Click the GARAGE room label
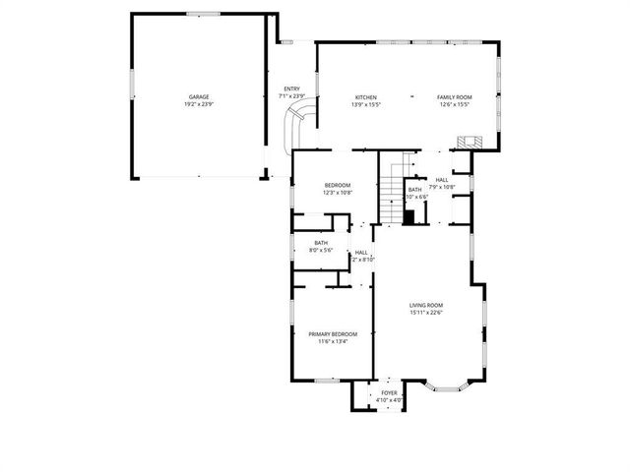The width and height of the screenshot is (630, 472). click(198, 97)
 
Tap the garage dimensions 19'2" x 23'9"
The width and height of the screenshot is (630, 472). click(198, 104)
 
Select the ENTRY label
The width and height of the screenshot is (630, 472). click(291, 88)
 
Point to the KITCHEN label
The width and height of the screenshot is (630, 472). click(366, 97)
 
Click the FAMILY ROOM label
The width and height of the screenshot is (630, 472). click(455, 97)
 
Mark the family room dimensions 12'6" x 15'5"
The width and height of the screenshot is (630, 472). click(455, 104)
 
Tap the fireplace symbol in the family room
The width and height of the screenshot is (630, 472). click(468, 143)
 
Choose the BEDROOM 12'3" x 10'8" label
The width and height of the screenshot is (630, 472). click(337, 186)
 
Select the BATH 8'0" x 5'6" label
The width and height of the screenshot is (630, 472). click(321, 243)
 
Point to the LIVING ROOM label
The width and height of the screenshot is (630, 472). click(427, 306)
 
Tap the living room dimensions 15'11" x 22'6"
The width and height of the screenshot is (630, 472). click(427, 314)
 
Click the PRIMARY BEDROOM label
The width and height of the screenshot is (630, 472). click(333, 334)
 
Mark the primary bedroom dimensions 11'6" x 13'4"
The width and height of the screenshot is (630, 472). click(333, 342)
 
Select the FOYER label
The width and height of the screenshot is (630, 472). click(390, 393)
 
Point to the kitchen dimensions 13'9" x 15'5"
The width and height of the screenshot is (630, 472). click(366, 104)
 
